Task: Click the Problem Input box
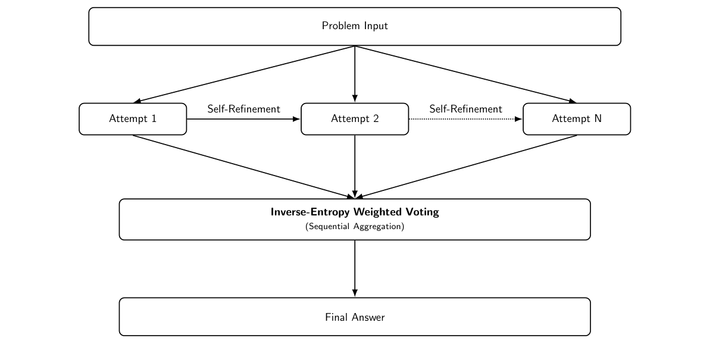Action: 355,26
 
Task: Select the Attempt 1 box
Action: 133,119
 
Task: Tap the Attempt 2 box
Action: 355,119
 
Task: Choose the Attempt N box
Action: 576,119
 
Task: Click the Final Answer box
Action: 355,317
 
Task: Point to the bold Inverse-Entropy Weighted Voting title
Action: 355,212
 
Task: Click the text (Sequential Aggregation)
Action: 355,227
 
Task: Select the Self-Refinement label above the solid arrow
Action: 243,109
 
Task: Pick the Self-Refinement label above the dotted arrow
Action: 465,109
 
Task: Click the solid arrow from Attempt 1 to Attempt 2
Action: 243,119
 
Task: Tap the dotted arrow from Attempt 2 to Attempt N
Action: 465,119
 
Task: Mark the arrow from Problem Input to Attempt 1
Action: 244,74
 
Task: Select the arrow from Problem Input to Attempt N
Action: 465,74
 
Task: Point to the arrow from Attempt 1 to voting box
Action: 244,167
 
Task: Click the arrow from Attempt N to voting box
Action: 465,167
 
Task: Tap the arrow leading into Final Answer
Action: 355,268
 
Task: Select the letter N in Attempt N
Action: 598,119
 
